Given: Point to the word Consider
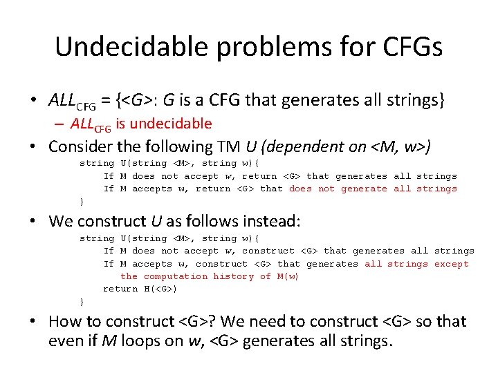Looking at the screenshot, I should [x=80, y=146].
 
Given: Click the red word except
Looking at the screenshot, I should [x=451, y=264].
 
